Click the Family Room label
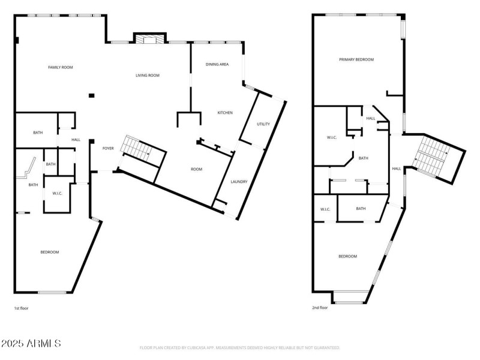pyautogui.click(x=60, y=67)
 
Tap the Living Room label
pyautogui.click(x=147, y=75)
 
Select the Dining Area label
pyautogui.click(x=217, y=64)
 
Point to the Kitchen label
pyautogui.click(x=225, y=113)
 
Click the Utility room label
pyautogui.click(x=263, y=124)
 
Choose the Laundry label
pyautogui.click(x=239, y=181)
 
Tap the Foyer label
pyautogui.click(x=108, y=148)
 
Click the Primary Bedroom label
pyautogui.click(x=356, y=59)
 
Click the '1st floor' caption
pyautogui.click(x=21, y=308)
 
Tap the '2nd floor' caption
pyautogui.click(x=320, y=308)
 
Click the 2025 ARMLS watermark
pyautogui.click(x=31, y=344)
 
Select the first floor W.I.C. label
pyautogui.click(x=58, y=193)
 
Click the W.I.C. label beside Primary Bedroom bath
pyautogui.click(x=331, y=138)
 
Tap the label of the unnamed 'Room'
pyautogui.click(x=196, y=169)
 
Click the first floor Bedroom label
pyautogui.click(x=50, y=252)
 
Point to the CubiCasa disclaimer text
pyautogui.click(x=240, y=347)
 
